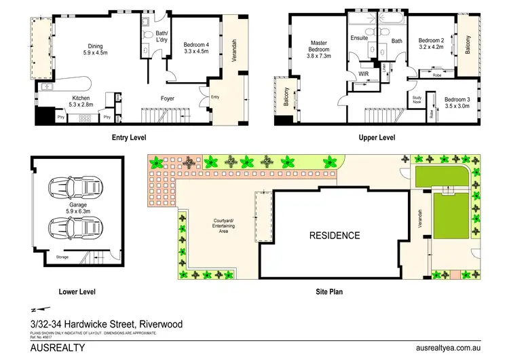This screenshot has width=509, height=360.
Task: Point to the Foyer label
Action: (168, 99)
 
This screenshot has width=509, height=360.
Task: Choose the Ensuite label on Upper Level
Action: (360, 38)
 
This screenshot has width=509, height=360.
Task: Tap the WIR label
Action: (362, 74)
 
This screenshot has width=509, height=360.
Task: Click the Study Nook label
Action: (417, 100)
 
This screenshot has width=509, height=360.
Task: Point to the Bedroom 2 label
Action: (432, 43)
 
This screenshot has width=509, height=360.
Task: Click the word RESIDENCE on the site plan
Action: (335, 236)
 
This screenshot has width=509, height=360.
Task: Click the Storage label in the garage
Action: (63, 257)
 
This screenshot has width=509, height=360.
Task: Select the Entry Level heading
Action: (130, 137)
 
